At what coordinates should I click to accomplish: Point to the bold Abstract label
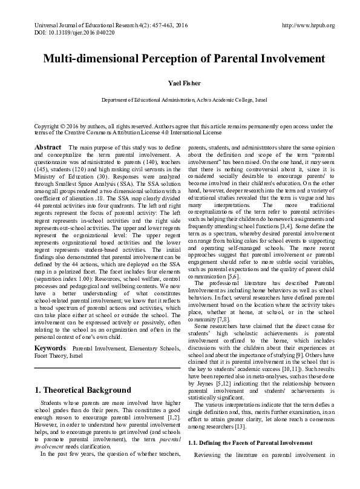47,148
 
